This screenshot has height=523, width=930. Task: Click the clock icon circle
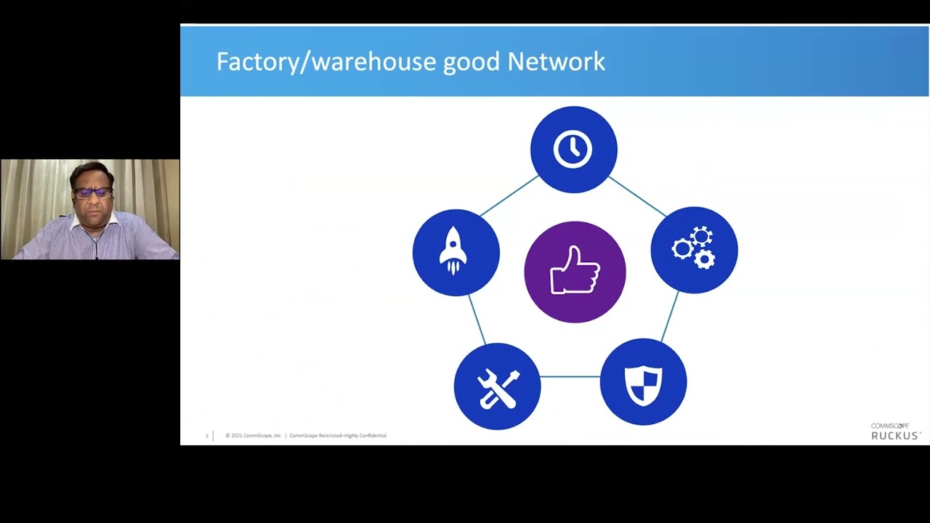tap(573, 150)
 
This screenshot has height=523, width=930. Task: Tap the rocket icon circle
tap(456, 253)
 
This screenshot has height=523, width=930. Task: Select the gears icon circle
tap(694, 250)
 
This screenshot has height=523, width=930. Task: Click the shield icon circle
tap(643, 382)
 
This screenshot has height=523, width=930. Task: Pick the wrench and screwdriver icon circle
tap(497, 386)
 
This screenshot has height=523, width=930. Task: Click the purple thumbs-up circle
tap(575, 272)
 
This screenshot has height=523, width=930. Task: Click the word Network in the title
tap(556, 62)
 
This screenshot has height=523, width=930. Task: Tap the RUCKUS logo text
tap(896, 436)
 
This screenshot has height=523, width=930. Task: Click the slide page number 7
tap(206, 437)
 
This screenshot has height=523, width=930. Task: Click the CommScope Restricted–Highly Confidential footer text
tap(338, 436)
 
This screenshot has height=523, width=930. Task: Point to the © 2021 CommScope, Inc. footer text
tap(254, 436)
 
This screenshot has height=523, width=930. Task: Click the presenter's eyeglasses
tap(94, 193)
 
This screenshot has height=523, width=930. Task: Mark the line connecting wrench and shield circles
tap(570, 377)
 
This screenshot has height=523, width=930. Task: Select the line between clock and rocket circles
tap(509, 195)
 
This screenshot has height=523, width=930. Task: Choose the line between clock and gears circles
tap(636, 195)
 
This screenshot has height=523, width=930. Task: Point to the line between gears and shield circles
tap(670, 316)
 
